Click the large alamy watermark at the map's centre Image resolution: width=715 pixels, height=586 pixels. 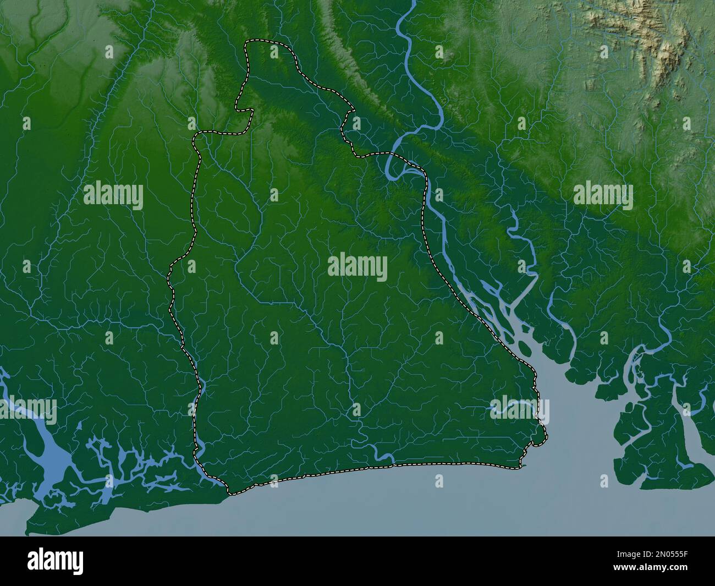[358, 268]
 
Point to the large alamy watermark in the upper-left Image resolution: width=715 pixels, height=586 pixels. [113, 196]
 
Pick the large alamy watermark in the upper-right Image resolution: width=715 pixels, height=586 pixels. [603, 196]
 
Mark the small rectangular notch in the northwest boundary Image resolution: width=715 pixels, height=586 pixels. [245, 107]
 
